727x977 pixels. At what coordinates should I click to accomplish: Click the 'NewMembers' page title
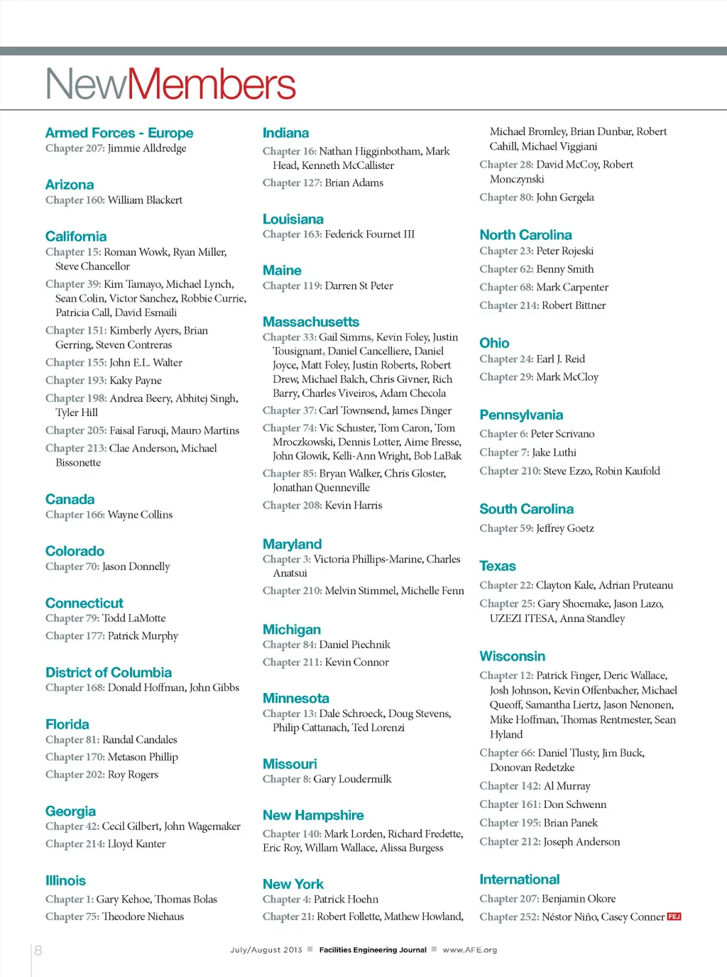[170, 84]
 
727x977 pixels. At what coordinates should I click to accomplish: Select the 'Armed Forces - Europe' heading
[119, 133]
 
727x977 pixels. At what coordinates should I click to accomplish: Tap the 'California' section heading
[76, 236]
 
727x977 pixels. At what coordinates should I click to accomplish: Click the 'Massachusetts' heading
[311, 322]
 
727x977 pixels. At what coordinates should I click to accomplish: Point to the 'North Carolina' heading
[525, 235]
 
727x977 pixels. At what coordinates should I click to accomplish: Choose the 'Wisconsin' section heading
[513, 656]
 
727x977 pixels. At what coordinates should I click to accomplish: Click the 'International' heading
[520, 879]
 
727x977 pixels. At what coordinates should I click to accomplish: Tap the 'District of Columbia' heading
[109, 672]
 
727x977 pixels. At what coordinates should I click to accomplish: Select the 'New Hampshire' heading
[313, 815]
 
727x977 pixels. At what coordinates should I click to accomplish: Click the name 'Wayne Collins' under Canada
[140, 515]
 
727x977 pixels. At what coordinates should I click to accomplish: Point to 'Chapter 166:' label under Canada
[75, 515]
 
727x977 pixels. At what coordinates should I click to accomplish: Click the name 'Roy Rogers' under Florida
[133, 775]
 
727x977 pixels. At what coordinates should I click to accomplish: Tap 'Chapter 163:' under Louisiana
[293, 234]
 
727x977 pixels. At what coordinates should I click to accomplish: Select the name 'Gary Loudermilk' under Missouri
[352, 779]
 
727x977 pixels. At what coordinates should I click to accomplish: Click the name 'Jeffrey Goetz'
[565, 528]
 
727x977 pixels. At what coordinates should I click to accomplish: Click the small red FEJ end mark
[674, 917]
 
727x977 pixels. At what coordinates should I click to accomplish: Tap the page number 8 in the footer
[38, 950]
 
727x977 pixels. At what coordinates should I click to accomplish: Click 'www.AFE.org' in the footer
[470, 950]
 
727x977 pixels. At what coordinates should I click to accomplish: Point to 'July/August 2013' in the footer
[266, 950]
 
